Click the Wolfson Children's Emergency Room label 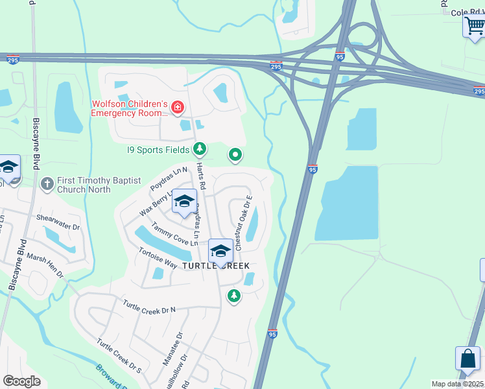[130, 108]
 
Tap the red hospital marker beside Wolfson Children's [177, 107]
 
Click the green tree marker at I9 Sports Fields [200, 150]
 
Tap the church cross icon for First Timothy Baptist [47, 184]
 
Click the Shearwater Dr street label [58, 223]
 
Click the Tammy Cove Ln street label [174, 234]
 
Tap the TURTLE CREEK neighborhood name [215, 266]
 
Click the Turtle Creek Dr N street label [149, 307]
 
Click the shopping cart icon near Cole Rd [474, 27]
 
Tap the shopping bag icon [467, 359]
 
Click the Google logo [22, 381]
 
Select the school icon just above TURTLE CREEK [220, 251]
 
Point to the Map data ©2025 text [457, 384]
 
